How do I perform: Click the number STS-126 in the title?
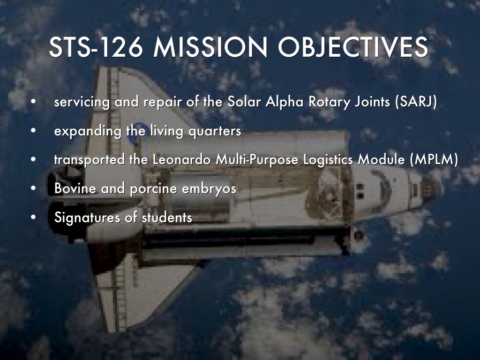[96, 47]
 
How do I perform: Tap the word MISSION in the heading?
[210, 47]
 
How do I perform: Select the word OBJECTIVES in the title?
[353, 47]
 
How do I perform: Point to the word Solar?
[244, 101]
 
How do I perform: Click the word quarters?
[215, 131]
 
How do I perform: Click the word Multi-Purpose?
[257, 160]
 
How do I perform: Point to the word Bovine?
[75, 188]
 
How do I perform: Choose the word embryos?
[209, 189]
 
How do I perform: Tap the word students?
[167, 217]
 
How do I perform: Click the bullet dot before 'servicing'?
[33, 102]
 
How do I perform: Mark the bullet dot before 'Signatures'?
[33, 217]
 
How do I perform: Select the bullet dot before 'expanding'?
[33, 131]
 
